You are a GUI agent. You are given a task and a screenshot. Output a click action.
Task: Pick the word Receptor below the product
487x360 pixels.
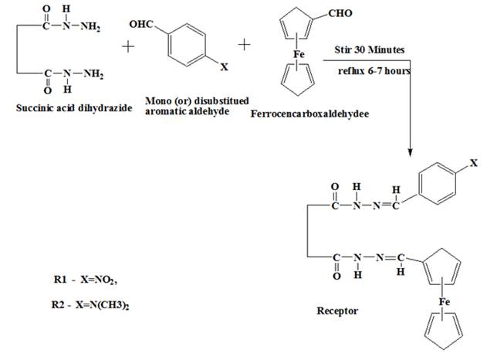pos(337,311)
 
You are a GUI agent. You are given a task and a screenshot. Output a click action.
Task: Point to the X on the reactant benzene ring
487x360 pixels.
pos(225,69)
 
